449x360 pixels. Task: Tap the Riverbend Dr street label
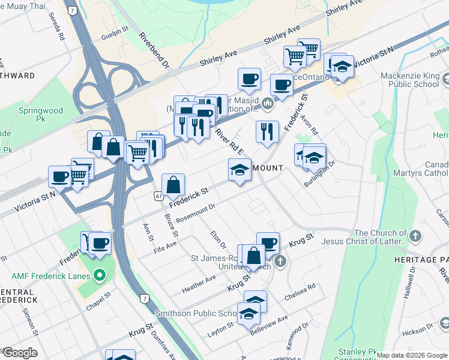point(154,50)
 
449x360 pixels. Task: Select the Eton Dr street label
point(218,241)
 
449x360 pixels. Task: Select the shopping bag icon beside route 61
point(173,185)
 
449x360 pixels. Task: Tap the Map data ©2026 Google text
point(411,355)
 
